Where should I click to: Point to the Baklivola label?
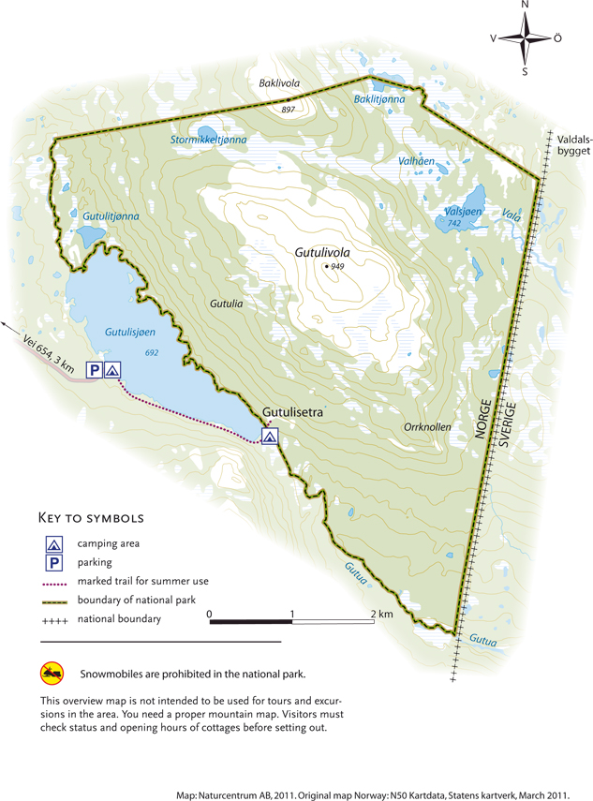[x=278, y=83]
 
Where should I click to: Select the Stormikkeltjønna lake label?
[x=208, y=140]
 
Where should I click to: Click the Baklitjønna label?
[x=379, y=98]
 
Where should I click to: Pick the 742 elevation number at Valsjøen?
[x=453, y=224]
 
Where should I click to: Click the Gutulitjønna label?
[x=111, y=216]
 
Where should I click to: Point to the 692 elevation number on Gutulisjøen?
[x=153, y=351]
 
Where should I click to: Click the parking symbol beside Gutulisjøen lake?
[x=95, y=370]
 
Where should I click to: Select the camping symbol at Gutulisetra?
[x=270, y=436]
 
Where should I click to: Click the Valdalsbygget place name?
[x=568, y=143]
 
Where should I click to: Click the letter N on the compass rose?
[x=525, y=7]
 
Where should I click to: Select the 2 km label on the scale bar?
[x=382, y=615]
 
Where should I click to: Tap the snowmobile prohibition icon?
[x=51, y=673]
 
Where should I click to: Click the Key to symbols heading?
[x=90, y=517]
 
